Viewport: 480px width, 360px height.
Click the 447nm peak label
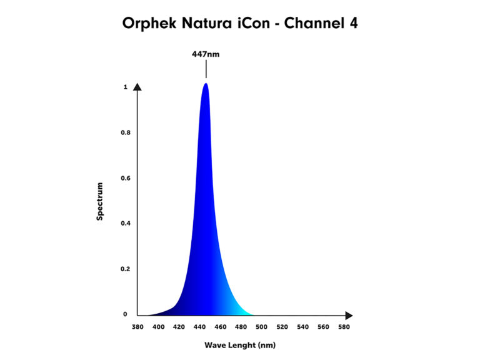(206, 54)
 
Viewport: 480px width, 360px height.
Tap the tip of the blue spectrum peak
(206, 83)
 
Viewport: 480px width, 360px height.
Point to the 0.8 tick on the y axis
(126, 132)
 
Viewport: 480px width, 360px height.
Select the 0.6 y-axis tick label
(126, 178)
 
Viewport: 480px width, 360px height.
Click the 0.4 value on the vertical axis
(126, 223)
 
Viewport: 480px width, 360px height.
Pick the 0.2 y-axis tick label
(126, 269)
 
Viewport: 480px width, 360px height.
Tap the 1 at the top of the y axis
(126, 87)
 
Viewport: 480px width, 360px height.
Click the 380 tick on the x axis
(137, 327)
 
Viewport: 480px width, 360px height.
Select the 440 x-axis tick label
(199, 327)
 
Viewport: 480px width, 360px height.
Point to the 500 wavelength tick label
(261, 327)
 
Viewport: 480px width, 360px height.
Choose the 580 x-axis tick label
(344, 327)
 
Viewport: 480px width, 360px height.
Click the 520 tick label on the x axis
(282, 327)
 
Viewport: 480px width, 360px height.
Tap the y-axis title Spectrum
(100, 201)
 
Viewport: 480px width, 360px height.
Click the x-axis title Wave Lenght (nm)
(240, 345)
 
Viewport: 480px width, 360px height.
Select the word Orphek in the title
(149, 24)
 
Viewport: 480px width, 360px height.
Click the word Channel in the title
(314, 23)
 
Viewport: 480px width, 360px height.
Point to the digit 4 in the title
(354, 23)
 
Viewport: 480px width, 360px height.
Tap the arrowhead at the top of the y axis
(137, 87)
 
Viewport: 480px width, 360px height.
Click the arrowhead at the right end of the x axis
(349, 315)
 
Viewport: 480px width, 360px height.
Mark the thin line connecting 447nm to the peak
(206, 69)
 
